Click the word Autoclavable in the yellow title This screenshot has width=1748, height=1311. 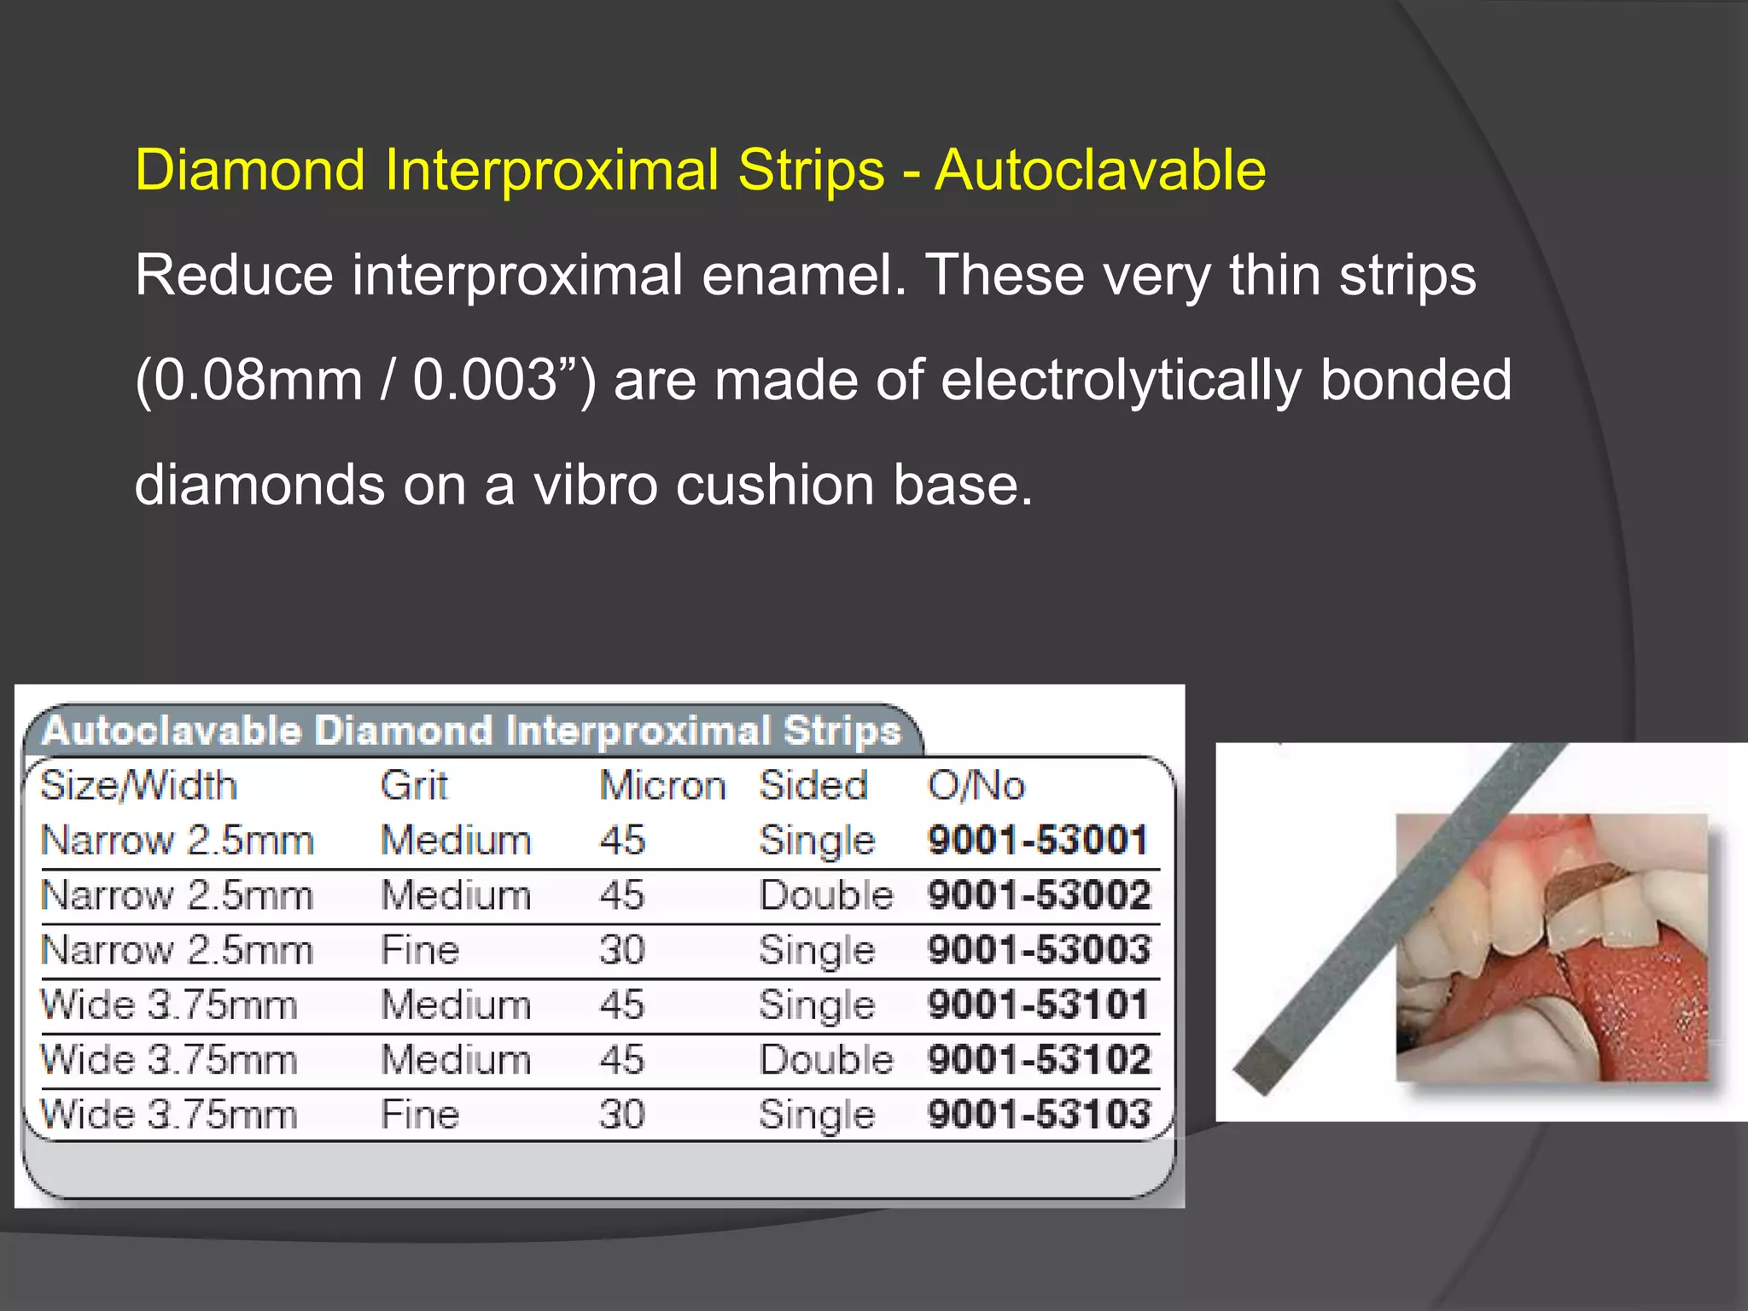1100,170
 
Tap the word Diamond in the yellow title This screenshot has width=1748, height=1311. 251,170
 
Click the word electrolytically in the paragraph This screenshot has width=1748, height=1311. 1121,380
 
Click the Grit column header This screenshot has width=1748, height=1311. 414,785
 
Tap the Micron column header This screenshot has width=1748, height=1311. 662,785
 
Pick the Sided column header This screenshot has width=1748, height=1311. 813,785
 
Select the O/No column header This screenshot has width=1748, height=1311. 976,785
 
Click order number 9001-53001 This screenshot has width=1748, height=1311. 1038,840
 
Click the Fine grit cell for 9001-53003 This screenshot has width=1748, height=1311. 420,950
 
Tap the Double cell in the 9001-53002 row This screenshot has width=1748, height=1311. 826,895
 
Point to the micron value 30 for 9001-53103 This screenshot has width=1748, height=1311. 622,1114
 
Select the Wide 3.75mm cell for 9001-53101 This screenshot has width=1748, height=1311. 169,1005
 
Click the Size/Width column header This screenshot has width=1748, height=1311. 138,785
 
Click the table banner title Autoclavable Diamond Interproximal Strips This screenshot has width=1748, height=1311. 471,731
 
